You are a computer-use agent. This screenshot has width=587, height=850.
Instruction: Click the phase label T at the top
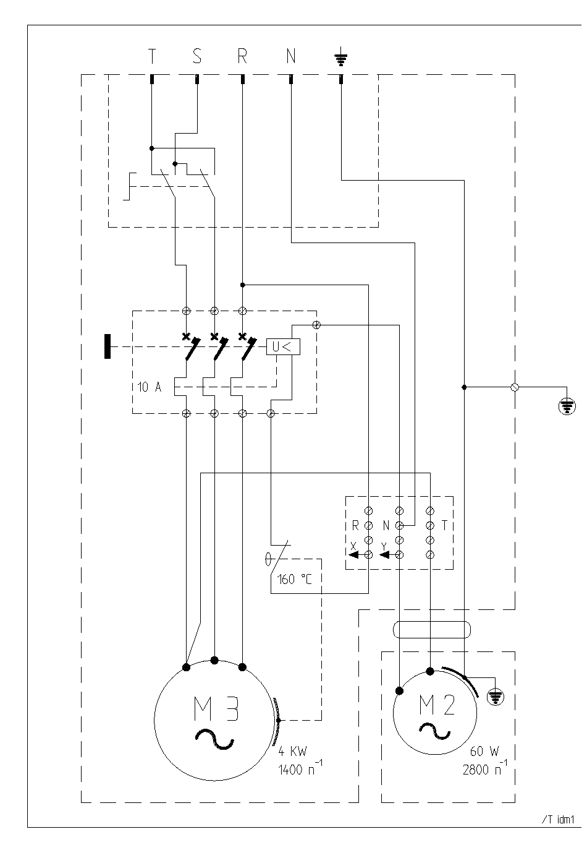click(x=151, y=56)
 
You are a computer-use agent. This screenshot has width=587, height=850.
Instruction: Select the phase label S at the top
click(x=196, y=56)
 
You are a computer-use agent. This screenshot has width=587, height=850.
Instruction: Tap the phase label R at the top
click(x=242, y=56)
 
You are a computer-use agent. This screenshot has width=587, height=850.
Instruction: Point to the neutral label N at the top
click(x=290, y=56)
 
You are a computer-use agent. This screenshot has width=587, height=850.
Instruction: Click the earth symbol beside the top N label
click(x=340, y=56)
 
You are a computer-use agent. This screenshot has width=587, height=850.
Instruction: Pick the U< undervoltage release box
click(x=283, y=346)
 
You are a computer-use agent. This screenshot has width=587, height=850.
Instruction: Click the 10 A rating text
click(x=150, y=387)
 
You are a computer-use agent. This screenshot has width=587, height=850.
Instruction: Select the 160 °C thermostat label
click(x=294, y=580)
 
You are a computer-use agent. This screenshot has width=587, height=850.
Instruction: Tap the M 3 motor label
click(x=216, y=708)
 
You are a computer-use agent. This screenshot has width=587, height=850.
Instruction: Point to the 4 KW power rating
click(x=292, y=751)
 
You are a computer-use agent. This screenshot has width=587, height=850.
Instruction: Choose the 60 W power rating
click(x=484, y=751)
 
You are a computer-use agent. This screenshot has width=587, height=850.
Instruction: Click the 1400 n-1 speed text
click(x=300, y=768)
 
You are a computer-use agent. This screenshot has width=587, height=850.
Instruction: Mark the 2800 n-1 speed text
click(x=484, y=768)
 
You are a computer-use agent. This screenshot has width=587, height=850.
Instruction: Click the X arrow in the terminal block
click(x=354, y=555)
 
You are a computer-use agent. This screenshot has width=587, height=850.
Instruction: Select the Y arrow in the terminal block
click(x=384, y=555)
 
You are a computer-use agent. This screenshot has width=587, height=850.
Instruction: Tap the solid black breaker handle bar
click(x=108, y=346)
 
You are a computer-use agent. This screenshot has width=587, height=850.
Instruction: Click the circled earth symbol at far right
click(x=567, y=406)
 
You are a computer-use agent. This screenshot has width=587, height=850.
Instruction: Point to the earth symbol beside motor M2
click(x=496, y=697)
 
